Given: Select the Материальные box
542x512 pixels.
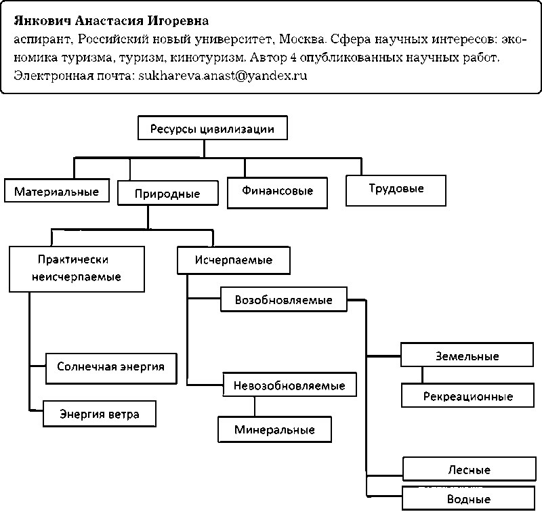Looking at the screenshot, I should [x=56, y=191].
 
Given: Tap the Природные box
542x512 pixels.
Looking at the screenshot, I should [x=167, y=194].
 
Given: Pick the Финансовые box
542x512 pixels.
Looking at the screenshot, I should [x=277, y=191].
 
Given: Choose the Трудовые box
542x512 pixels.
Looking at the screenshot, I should [x=396, y=189].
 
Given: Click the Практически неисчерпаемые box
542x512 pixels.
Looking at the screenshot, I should [x=77, y=268].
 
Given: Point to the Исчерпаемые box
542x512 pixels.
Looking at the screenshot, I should [x=234, y=259].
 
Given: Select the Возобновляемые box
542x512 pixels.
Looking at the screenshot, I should [x=283, y=299].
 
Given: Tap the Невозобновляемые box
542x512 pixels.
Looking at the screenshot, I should [x=289, y=385].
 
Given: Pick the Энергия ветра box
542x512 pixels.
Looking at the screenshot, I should [x=100, y=414].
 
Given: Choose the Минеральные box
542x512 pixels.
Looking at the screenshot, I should [x=274, y=429].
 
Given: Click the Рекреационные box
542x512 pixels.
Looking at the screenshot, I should [x=467, y=396].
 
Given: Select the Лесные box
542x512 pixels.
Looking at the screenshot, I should [x=469, y=469].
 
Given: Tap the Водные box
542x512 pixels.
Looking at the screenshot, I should [x=469, y=498].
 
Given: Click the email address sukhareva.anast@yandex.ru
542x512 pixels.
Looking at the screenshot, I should [x=223, y=76].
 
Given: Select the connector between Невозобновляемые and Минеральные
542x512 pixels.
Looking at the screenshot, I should [x=255, y=406].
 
